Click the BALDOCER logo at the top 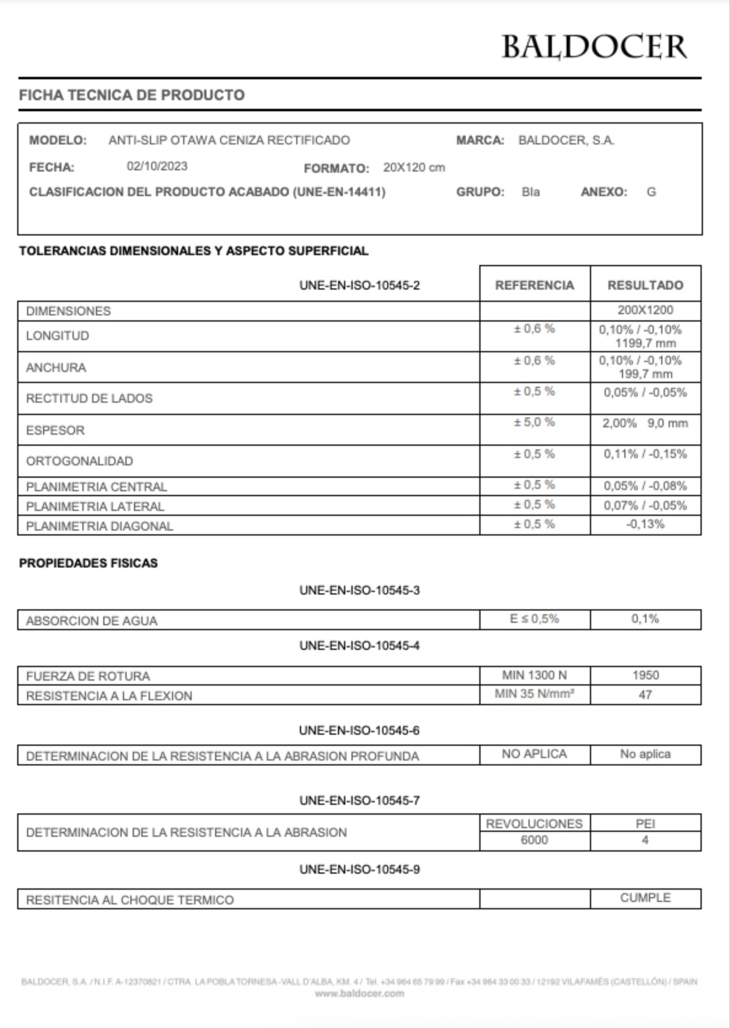point(594,47)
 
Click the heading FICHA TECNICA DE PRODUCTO point(131,95)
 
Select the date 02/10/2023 point(157,167)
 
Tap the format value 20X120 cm point(414,167)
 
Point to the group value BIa point(530,192)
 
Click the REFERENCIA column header point(535,285)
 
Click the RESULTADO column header point(645,285)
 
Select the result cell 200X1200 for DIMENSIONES point(645,310)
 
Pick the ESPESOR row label point(55,430)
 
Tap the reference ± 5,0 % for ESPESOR point(535,422)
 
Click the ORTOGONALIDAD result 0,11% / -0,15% point(645,454)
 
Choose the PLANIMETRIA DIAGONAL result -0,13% point(645,524)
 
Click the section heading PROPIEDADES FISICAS point(88,563)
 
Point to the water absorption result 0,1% point(645,619)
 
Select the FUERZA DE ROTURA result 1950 point(645,675)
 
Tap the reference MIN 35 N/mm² point(535,694)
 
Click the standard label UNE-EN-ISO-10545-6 point(359,730)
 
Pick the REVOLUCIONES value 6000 point(535,840)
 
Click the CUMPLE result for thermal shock point(645,898)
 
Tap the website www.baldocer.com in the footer point(359,993)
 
